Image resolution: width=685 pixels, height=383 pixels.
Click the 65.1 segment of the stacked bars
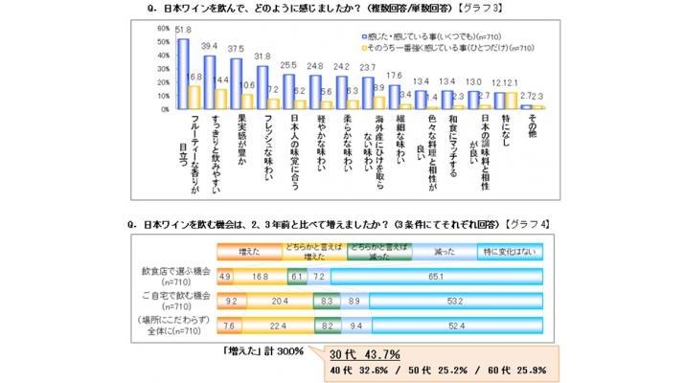435,276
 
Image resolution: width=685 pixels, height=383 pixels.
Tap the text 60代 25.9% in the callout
523,371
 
